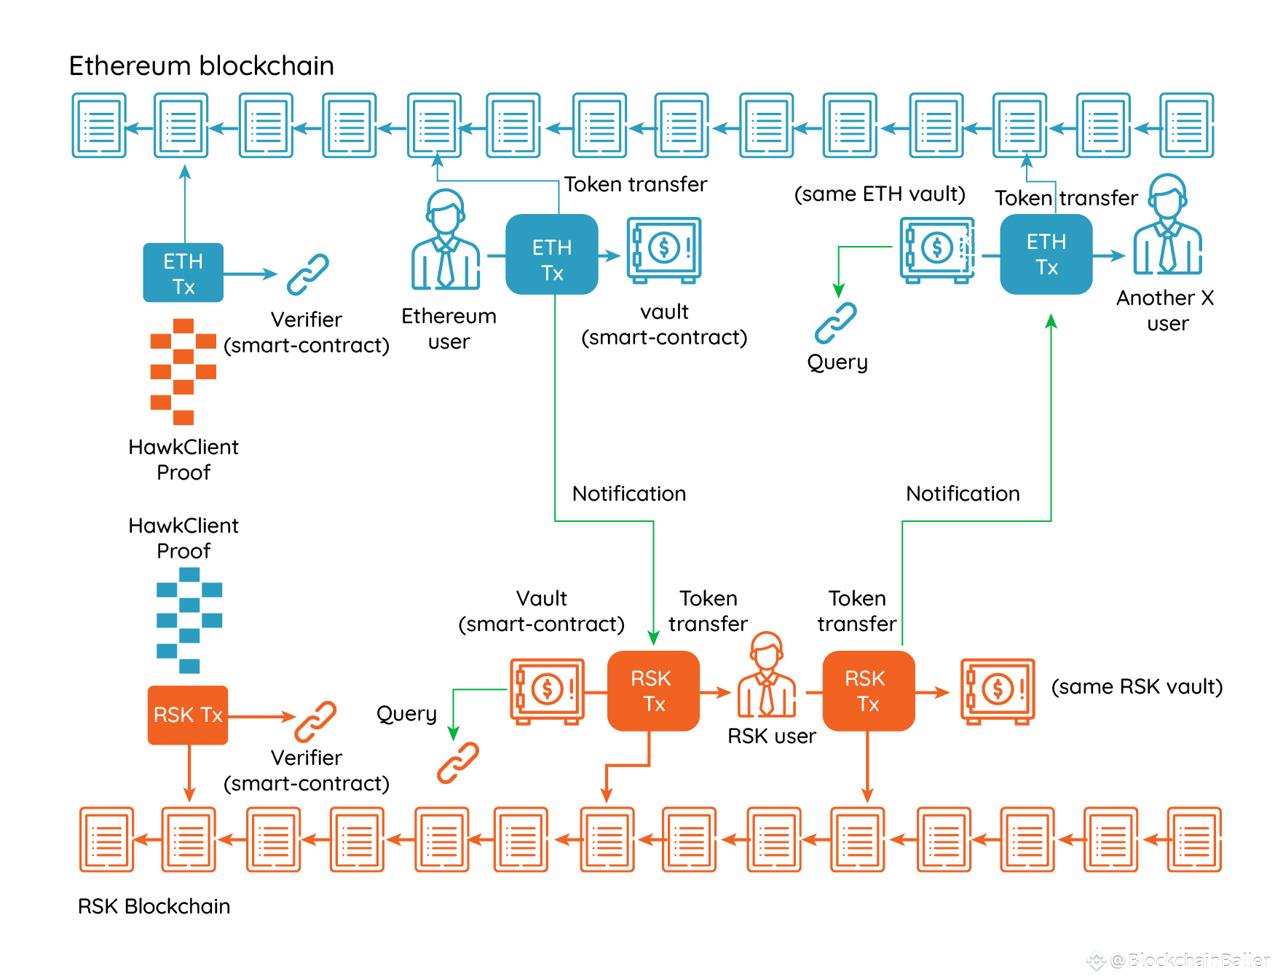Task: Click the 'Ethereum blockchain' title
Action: coord(201,66)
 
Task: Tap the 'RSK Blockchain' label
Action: coord(154,906)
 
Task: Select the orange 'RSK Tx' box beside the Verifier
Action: coord(188,715)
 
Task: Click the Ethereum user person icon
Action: coord(446,240)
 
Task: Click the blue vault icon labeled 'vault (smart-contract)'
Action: coord(663,250)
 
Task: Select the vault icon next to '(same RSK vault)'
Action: coord(998,691)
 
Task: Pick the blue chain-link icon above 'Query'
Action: coord(836,322)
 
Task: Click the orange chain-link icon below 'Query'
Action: coord(458,762)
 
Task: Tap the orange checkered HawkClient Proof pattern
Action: coord(183,371)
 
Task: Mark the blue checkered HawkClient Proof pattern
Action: coord(189,620)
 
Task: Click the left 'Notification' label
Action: coord(629,494)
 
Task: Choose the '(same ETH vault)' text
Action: coord(880,194)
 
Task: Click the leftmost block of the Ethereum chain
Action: coord(99,125)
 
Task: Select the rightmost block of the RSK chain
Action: coord(1194,839)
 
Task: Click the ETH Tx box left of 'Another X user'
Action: coord(1046,255)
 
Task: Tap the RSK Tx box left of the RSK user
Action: coord(653,691)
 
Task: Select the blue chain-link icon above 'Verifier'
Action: coord(308,274)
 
